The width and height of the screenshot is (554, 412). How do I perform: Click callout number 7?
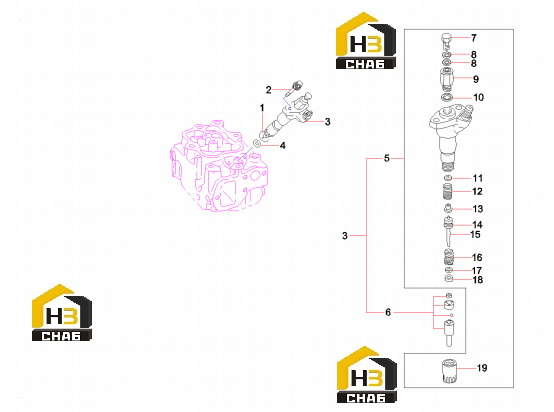coord(474,38)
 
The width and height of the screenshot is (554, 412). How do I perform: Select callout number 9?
coord(476,79)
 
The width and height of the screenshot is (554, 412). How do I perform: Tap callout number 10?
coord(478,97)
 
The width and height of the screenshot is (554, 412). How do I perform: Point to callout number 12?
coord(477,191)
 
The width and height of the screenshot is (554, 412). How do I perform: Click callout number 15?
coord(475,234)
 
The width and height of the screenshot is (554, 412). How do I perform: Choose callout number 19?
coord(482,368)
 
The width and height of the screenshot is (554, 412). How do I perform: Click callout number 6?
coord(388,312)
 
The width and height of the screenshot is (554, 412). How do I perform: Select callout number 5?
coord(387,158)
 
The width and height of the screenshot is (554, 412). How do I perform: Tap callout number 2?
coord(269,90)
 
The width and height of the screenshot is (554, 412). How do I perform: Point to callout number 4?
coord(283,145)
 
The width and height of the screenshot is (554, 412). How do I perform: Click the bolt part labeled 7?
coord(446,40)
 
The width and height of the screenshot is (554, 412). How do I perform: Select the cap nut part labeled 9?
coord(446,79)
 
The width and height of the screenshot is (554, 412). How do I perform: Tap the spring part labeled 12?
coord(447,192)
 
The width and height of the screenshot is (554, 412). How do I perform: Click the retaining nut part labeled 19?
coord(449,371)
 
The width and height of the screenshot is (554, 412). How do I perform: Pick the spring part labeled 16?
coord(449,257)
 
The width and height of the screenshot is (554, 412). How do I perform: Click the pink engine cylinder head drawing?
coord(219,166)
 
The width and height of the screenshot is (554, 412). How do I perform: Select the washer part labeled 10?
coord(447,97)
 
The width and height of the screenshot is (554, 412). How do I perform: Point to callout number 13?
coord(478,209)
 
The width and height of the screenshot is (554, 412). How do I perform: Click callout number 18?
coord(478,280)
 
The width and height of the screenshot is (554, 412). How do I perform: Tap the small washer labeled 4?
coord(257,143)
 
